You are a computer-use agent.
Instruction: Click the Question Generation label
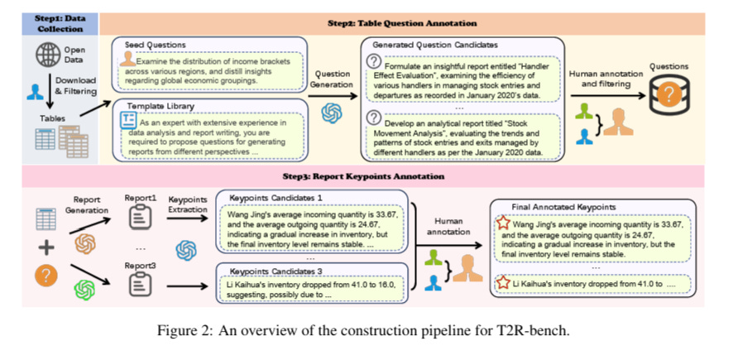[331, 79]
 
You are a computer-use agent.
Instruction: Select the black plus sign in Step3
[46, 247]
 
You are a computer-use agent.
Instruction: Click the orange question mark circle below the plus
[46, 276]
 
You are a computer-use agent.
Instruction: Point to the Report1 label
[140, 199]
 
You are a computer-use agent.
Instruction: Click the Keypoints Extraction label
[187, 205]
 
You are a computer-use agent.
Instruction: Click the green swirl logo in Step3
[84, 290]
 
